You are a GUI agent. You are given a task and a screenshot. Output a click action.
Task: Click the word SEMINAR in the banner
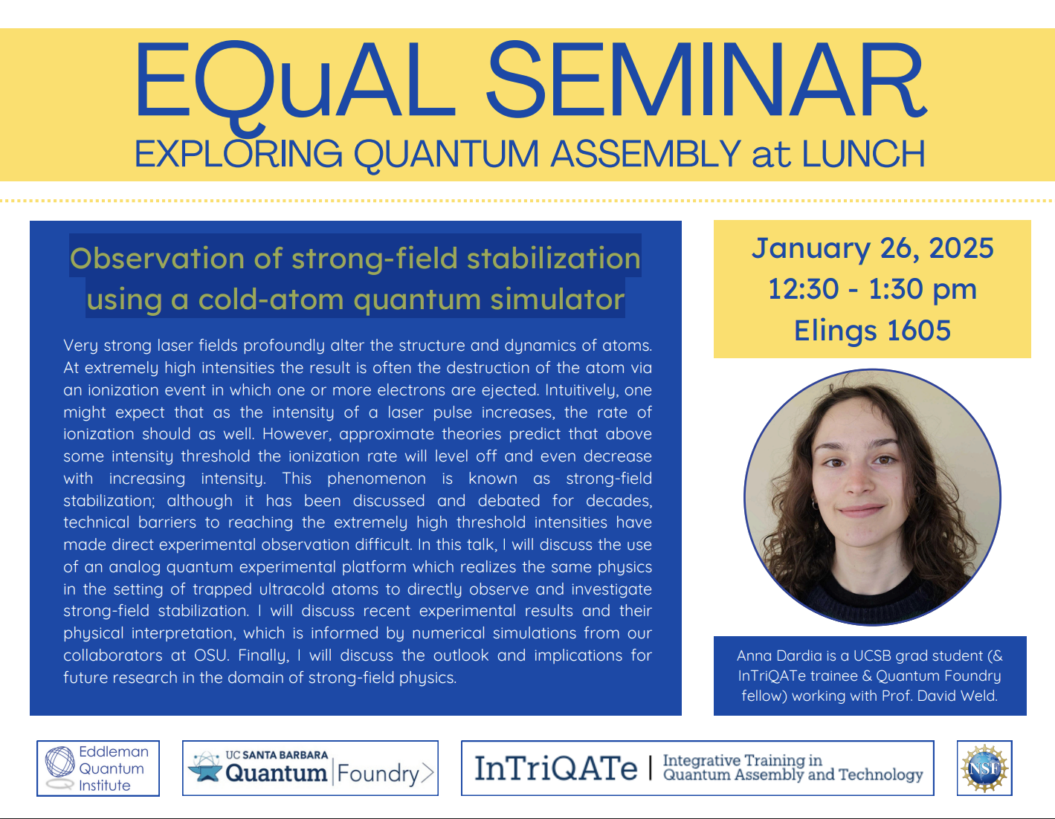coord(706,80)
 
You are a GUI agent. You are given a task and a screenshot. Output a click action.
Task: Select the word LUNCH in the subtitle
coord(862,154)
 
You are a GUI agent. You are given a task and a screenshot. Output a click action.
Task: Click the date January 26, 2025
coord(872,248)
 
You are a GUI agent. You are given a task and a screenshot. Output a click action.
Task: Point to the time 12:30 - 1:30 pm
coord(872,289)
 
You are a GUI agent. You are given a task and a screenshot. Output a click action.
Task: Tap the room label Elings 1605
coord(872,331)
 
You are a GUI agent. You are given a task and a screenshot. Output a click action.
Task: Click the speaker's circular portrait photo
coord(872,497)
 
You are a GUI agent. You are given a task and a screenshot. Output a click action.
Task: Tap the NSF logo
coord(984,768)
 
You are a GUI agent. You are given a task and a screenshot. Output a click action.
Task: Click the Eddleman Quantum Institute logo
coord(98,768)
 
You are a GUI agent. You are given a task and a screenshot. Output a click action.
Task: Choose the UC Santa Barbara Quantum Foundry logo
coord(310,768)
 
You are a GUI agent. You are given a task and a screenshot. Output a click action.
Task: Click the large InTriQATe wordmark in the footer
coord(555,769)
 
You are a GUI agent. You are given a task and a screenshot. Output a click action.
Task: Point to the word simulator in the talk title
coord(557,300)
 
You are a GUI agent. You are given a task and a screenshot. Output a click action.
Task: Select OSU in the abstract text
coord(211,655)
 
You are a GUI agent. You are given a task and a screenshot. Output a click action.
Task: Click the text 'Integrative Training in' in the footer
coord(742,760)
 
